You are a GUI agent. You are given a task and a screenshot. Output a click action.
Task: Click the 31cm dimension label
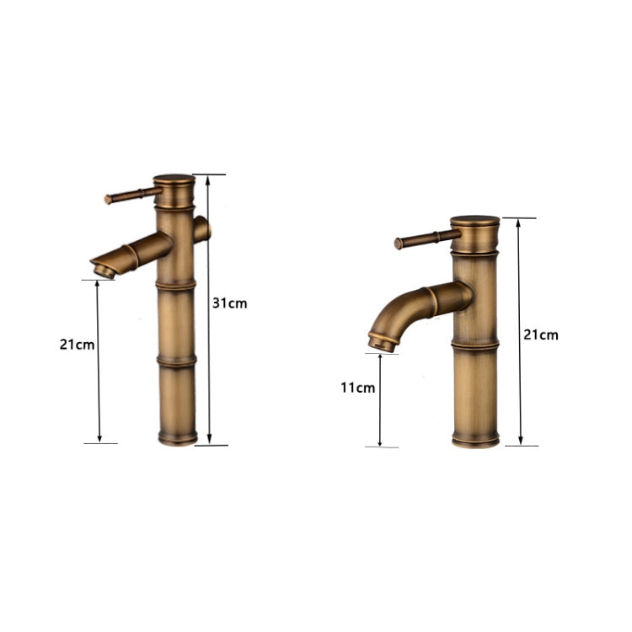[230, 303]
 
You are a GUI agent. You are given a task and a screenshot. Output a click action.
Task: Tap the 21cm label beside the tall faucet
[76, 344]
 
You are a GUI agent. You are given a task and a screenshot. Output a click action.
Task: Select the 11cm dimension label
[357, 388]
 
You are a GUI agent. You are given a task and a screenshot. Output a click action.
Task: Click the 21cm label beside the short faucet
[540, 335]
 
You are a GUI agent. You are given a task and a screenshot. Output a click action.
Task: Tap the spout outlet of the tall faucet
[102, 270]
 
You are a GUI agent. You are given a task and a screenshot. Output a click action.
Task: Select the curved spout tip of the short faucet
[382, 342]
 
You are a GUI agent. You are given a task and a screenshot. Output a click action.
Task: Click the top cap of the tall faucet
[174, 179]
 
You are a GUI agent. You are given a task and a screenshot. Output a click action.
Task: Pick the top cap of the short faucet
[474, 222]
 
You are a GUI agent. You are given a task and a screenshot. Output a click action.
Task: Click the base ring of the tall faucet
[178, 439]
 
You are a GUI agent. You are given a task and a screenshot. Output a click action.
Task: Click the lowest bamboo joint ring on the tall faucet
[177, 362]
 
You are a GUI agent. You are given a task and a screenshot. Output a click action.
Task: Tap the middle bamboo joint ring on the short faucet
[474, 346]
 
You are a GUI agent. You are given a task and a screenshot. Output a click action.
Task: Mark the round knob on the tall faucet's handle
[108, 200]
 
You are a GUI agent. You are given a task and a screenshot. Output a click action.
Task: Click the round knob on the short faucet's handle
[399, 244]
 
